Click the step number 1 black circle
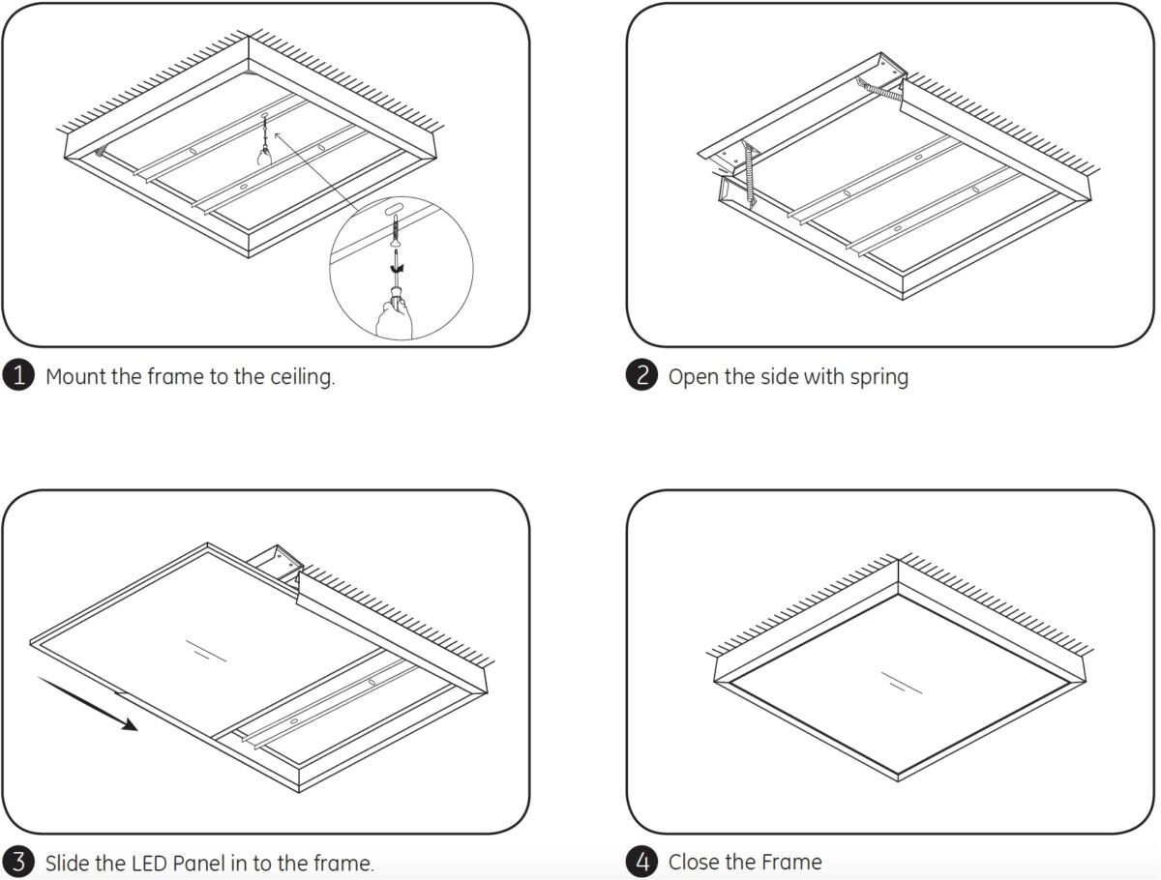[x=19, y=376]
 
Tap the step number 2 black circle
[x=642, y=376]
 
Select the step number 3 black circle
[x=19, y=862]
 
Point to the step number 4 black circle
[x=642, y=862]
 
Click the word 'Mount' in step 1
[x=75, y=376]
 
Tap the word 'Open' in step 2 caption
[x=694, y=376]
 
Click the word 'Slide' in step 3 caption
[x=69, y=863]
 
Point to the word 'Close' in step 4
[x=697, y=862]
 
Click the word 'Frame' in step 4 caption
[x=791, y=862]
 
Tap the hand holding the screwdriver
[x=394, y=314]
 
